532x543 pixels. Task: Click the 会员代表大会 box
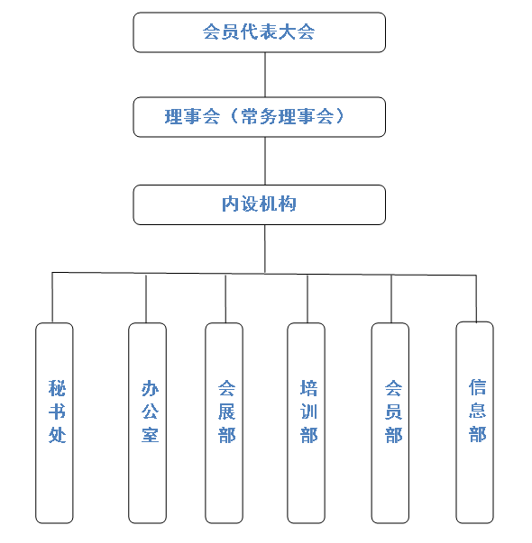(x=260, y=32)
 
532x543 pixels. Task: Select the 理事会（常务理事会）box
(x=260, y=117)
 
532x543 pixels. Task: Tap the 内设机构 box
(x=260, y=204)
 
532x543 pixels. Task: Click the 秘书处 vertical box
(x=54, y=423)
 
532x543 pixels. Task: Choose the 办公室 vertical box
(x=147, y=423)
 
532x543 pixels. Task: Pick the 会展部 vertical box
(x=224, y=423)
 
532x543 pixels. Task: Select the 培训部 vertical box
(x=307, y=423)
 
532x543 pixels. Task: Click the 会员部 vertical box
(x=390, y=423)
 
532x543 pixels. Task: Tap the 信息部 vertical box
(x=475, y=422)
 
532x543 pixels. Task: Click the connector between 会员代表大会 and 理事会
(x=265, y=75)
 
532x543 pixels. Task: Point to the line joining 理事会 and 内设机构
(x=265, y=161)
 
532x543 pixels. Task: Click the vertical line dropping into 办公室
(x=146, y=298)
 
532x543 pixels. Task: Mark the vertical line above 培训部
(x=307, y=299)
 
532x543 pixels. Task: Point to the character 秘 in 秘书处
(x=57, y=388)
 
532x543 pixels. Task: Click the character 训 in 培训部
(x=308, y=412)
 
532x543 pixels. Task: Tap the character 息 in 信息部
(x=478, y=410)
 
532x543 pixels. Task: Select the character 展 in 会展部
(x=227, y=412)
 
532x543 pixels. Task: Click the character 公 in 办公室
(x=151, y=412)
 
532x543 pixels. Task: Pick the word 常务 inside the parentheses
(x=260, y=116)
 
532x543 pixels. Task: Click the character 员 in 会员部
(x=394, y=412)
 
